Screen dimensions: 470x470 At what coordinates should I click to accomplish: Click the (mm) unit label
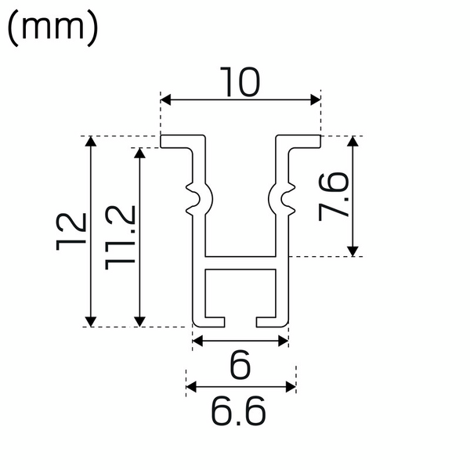tap(52, 29)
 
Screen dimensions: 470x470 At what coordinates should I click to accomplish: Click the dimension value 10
tap(240, 82)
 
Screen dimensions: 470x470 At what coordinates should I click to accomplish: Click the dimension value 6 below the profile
tap(240, 364)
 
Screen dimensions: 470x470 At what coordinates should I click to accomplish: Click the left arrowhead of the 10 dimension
tap(165, 99)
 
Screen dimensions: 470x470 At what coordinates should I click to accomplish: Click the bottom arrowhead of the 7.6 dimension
tap(353, 251)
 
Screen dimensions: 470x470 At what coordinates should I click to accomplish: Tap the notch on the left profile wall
tap(197, 198)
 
